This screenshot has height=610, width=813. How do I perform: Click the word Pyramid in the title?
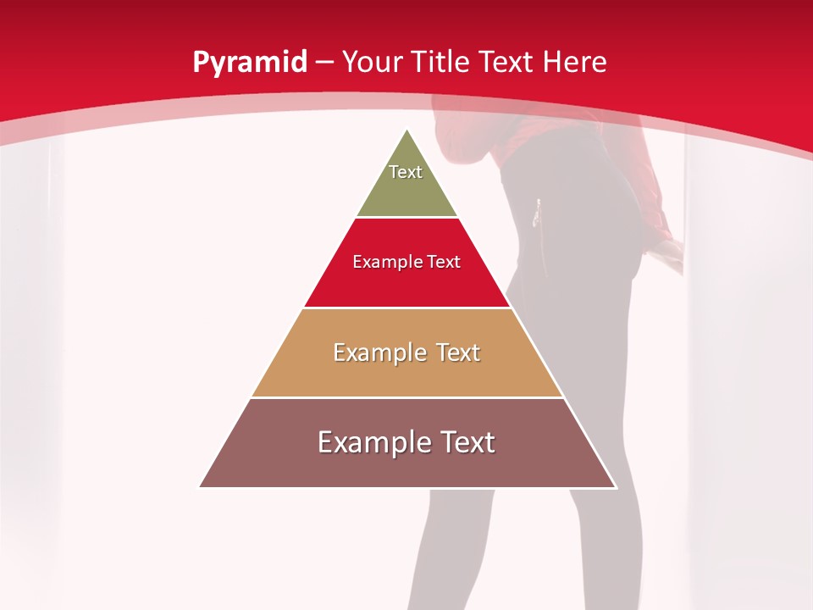(250, 63)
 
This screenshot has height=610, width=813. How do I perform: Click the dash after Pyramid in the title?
(325, 63)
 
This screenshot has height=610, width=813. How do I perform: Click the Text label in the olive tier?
(406, 172)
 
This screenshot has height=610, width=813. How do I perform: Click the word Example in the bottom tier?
(370, 442)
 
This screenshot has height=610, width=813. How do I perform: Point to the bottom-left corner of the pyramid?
(200, 487)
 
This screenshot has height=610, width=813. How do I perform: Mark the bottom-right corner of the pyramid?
(616, 487)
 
